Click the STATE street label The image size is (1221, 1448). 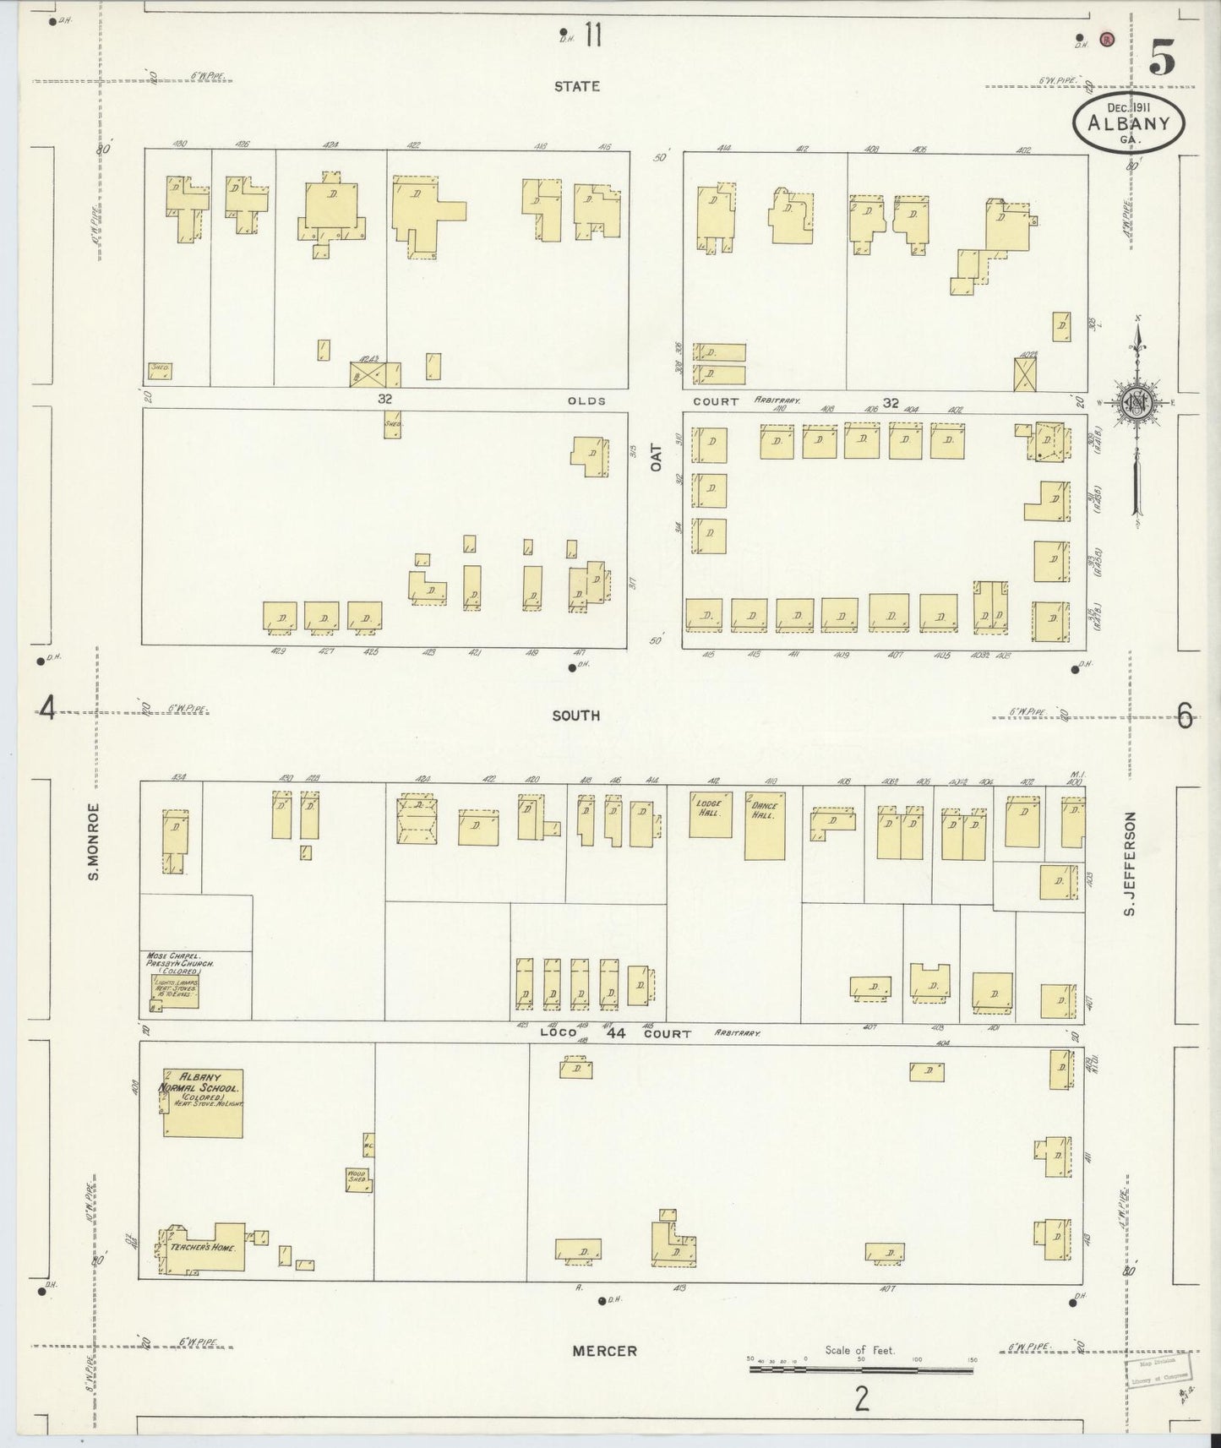pos(577,86)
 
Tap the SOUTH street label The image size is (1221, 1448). pos(575,716)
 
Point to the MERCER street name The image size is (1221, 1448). pos(604,1351)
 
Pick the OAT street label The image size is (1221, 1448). pos(656,457)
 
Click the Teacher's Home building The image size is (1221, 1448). pos(203,1247)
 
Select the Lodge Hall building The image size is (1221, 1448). pos(710,814)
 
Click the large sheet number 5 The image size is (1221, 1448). pos(1162,59)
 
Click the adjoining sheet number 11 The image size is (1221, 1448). pos(592,36)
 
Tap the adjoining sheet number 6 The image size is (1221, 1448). pos(1185,717)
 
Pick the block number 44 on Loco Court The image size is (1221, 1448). pos(615,1032)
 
